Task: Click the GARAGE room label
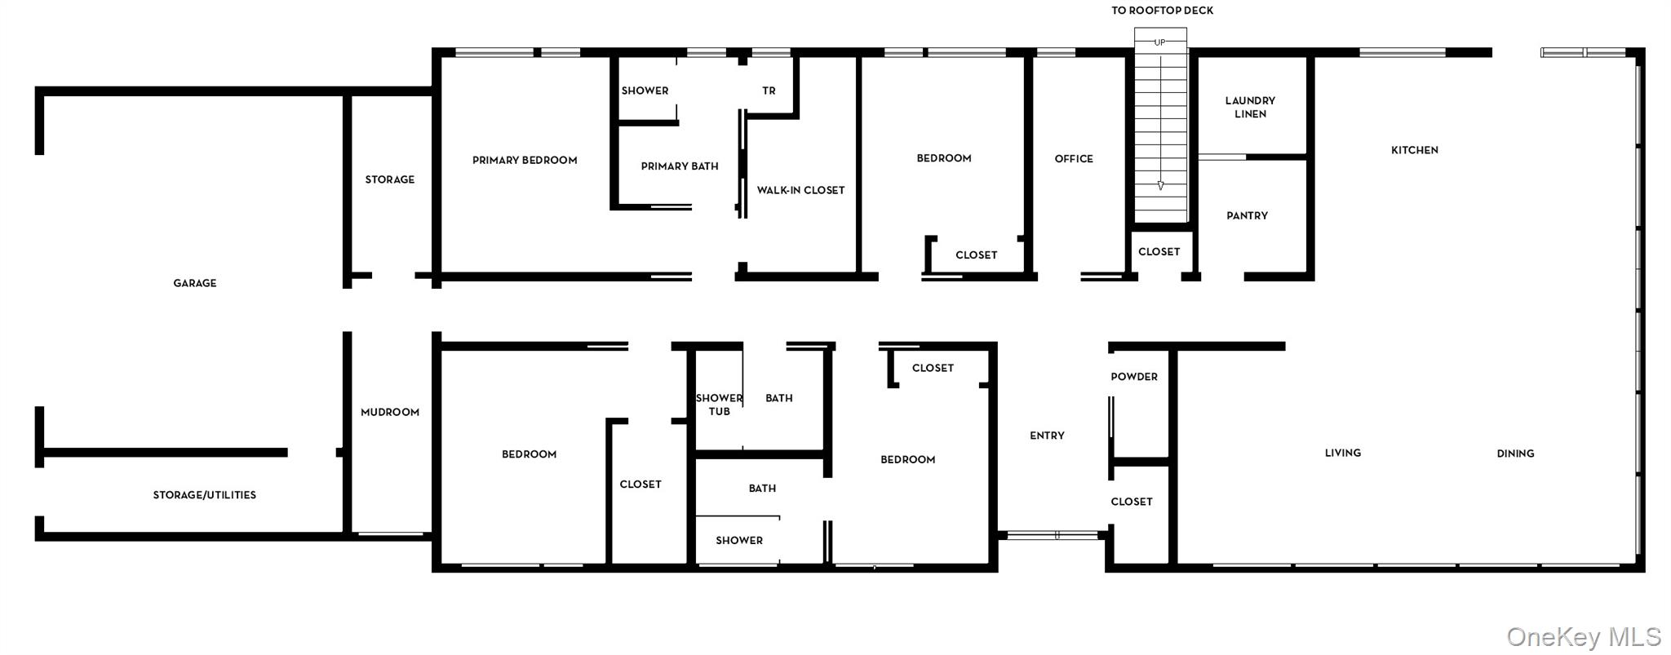195,283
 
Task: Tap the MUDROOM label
390,412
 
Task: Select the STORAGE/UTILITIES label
205,495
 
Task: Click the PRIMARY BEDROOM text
525,160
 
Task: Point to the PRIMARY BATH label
680,166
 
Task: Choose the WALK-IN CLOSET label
800,190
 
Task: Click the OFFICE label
1074,159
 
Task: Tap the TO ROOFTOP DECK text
1162,11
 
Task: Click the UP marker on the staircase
1159,42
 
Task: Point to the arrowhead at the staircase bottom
1160,186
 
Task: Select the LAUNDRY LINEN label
1250,107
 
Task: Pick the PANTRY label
1247,216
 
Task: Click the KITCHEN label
1415,150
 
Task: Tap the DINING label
1515,454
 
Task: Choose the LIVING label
1343,453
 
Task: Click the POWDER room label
1134,377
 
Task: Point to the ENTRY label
1047,436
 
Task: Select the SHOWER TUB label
719,405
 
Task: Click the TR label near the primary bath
769,91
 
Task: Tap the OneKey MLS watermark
1584,636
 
